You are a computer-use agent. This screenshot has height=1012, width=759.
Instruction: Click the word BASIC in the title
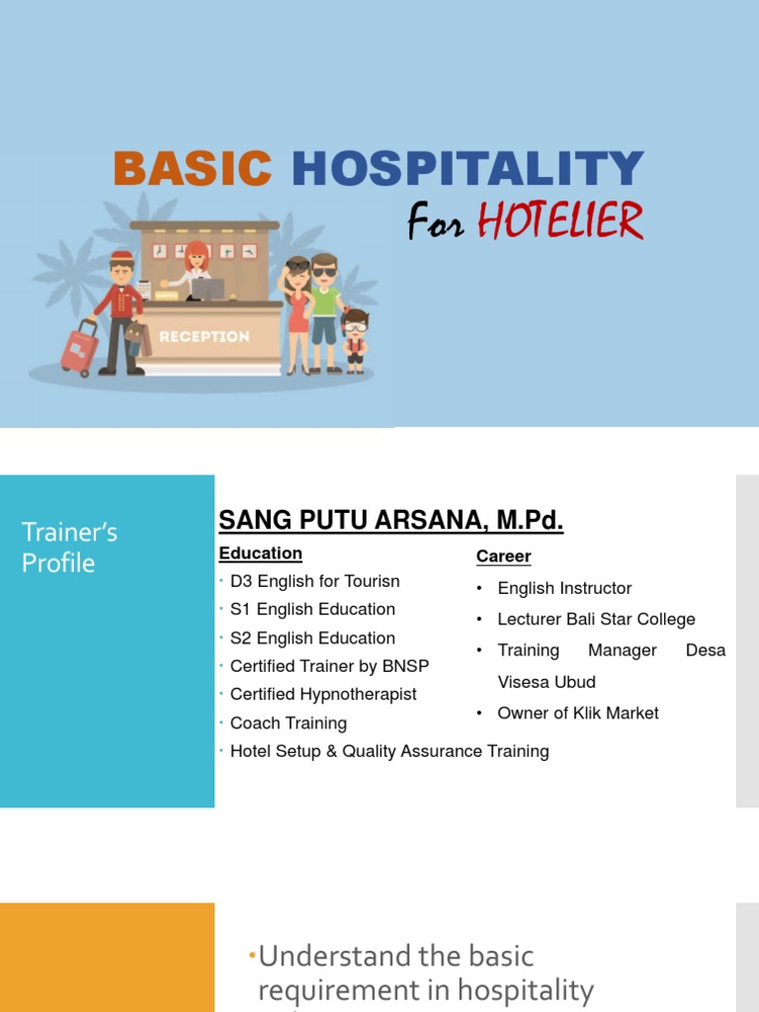point(192,169)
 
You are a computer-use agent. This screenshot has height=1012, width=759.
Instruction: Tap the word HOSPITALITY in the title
point(467,169)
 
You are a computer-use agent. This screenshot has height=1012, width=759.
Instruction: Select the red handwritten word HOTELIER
point(560,221)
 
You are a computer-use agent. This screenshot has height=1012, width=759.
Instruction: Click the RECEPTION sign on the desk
point(205,336)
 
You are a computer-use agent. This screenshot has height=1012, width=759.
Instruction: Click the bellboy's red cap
point(122,257)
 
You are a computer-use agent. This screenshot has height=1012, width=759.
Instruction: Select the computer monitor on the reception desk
point(209,288)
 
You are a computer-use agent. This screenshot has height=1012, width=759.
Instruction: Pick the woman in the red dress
point(297,311)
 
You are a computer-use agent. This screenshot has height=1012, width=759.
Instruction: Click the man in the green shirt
point(324,306)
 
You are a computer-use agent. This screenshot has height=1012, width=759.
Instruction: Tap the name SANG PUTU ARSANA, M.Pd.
point(390,521)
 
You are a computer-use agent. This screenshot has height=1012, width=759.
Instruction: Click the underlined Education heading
point(260,553)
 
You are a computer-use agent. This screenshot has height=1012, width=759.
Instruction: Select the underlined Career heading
point(503,556)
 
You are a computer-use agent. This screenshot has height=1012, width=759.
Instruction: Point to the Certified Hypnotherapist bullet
point(323,695)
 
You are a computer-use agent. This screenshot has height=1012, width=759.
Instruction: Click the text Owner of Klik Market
point(577,714)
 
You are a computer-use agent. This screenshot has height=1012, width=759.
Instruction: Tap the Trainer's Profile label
point(69,548)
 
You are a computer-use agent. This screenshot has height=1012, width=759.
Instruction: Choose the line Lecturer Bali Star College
point(596,620)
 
